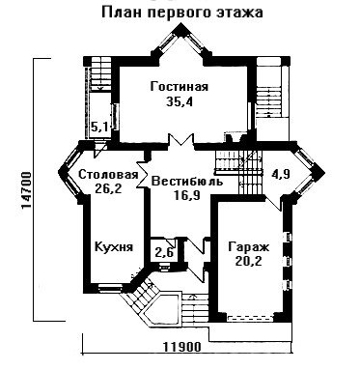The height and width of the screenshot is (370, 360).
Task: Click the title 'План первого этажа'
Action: [x=182, y=13]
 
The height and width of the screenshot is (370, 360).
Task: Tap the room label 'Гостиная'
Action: [x=180, y=87]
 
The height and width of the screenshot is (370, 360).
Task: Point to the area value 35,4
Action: [x=180, y=101]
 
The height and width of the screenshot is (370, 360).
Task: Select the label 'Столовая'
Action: [x=108, y=175]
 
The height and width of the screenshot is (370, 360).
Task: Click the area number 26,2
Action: [x=108, y=188]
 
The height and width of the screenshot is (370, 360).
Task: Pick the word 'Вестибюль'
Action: [x=187, y=182]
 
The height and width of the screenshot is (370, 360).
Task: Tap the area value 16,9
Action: [x=186, y=195]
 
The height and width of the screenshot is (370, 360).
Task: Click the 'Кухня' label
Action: [x=114, y=247]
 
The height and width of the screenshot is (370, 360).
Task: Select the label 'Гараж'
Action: [x=248, y=247]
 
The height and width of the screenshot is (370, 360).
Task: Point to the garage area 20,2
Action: [x=248, y=261]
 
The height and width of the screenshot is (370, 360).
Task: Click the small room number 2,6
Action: [x=164, y=252]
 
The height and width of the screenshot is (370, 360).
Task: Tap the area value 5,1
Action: [x=99, y=128]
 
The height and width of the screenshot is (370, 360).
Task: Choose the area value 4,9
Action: [x=281, y=174]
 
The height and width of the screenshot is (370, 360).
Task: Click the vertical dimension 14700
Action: [x=26, y=190]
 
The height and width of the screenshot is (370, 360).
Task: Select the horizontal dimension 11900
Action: [x=182, y=347]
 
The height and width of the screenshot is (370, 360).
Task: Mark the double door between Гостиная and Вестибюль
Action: [x=181, y=141]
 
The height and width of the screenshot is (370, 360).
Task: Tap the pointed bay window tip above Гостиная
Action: [x=181, y=24]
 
